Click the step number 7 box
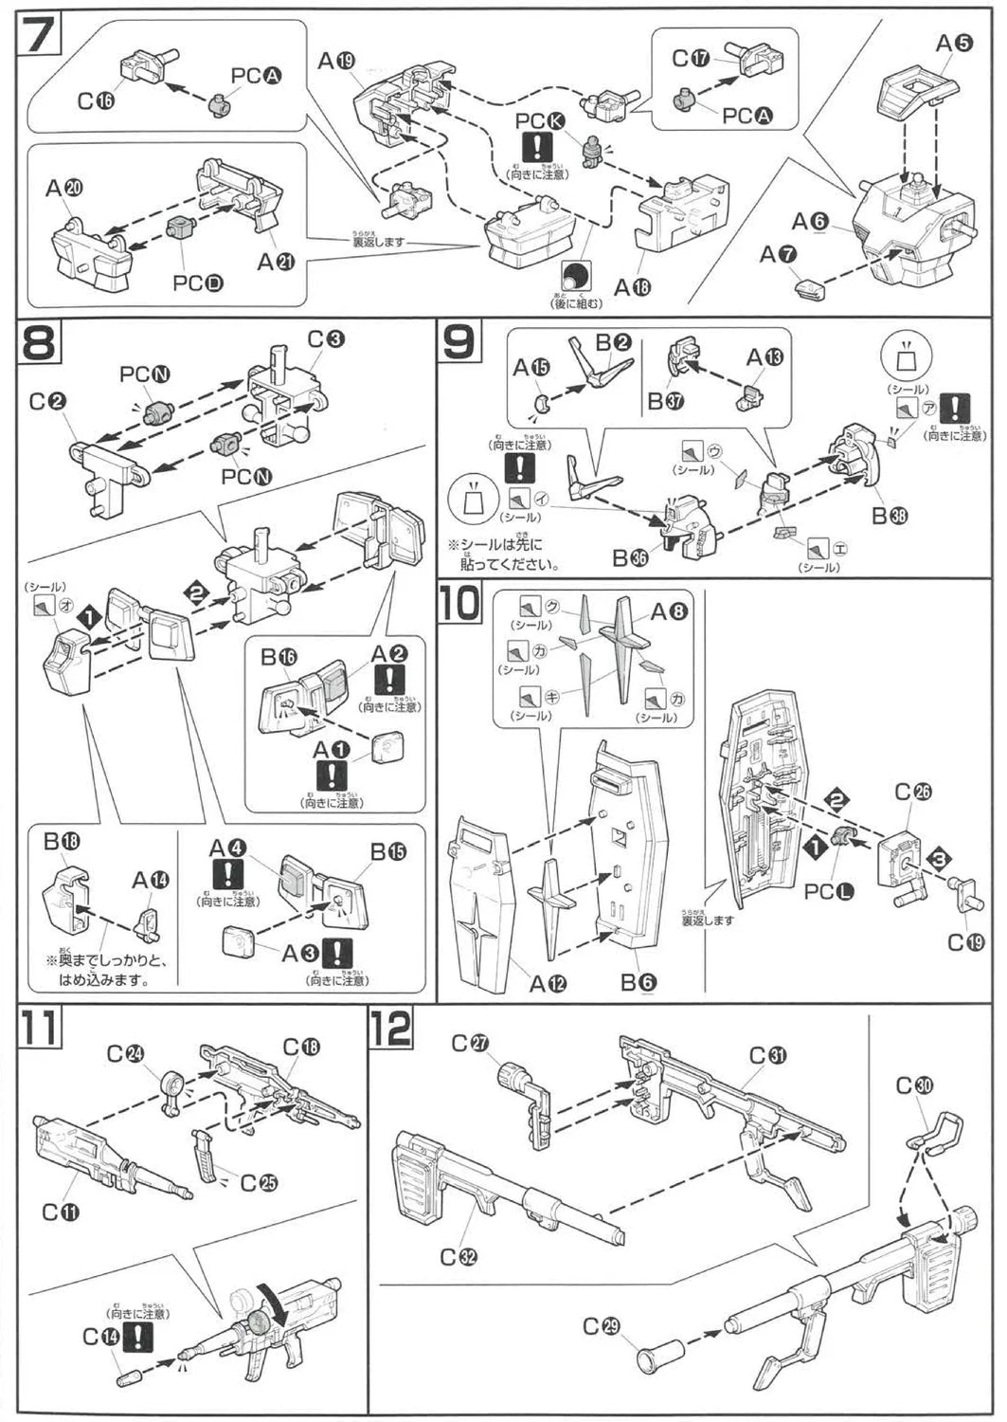[38, 36]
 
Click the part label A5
[954, 44]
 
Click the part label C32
[458, 1256]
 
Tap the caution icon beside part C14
[142, 1337]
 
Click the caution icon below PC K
[537, 145]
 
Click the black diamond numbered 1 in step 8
[89, 617]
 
